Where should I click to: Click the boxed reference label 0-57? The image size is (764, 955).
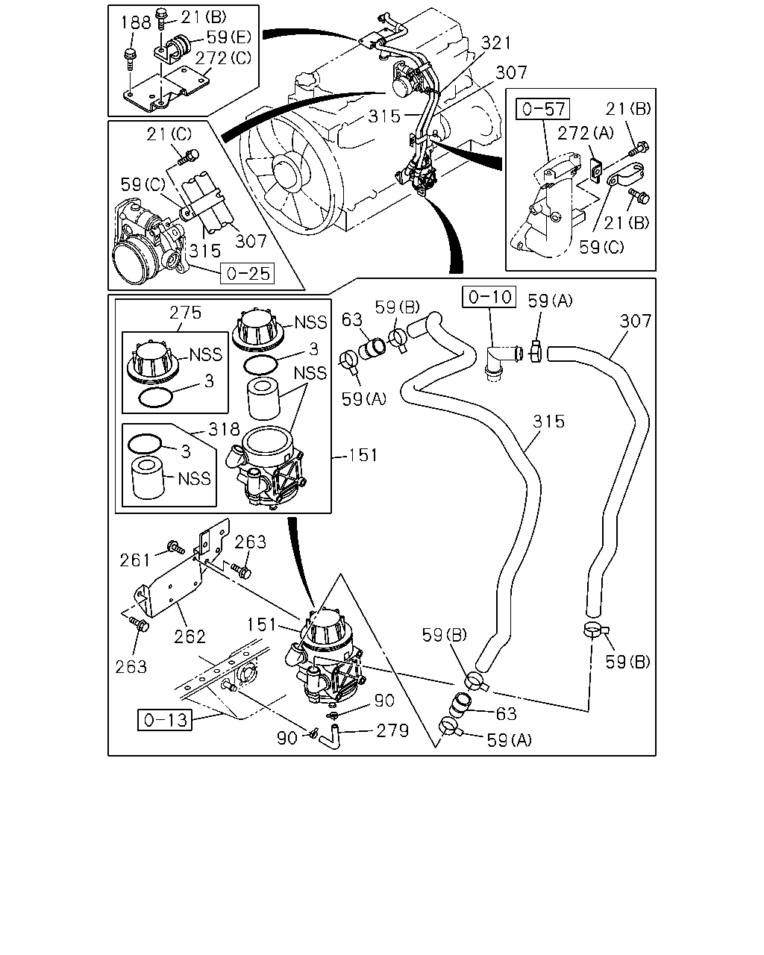point(543,109)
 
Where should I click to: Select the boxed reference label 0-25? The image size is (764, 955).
point(248,273)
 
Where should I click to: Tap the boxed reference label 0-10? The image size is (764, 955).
point(489,296)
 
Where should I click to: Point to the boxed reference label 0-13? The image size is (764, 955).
point(165,720)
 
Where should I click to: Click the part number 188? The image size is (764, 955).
point(136,22)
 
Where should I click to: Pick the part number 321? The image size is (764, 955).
point(496,43)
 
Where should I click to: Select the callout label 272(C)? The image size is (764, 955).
point(223,58)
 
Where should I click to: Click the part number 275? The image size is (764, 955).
point(185,313)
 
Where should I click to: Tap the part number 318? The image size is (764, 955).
point(224,430)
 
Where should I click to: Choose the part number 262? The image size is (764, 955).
point(190,637)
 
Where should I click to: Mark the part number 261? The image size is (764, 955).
point(135,560)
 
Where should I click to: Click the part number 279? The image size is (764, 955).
point(392,731)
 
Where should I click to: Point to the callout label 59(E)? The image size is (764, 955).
point(229,37)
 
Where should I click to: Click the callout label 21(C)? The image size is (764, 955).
point(169,134)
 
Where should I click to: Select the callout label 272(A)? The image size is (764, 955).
point(586,133)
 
